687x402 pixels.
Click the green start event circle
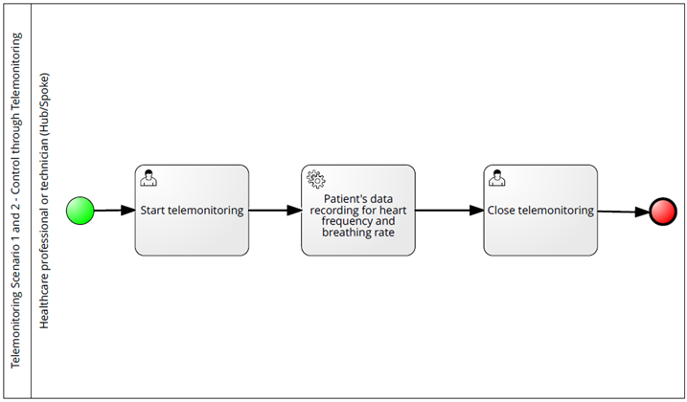tap(80, 211)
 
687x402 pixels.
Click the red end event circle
tap(663, 212)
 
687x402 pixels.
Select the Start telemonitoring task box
tap(192, 211)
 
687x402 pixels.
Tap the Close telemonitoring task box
tap(540, 211)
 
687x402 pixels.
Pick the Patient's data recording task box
tap(358, 211)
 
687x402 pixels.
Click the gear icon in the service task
tap(316, 180)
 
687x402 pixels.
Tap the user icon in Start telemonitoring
tap(149, 178)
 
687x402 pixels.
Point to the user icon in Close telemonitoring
tap(497, 178)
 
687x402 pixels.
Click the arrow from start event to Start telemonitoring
tap(115, 211)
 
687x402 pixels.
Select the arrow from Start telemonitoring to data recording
tap(275, 211)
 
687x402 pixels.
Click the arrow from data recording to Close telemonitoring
tap(449, 211)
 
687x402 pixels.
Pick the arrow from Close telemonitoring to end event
tap(623, 212)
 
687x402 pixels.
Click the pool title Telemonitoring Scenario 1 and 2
tap(15, 201)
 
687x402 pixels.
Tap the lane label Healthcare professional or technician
tap(44, 201)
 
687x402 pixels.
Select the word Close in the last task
tap(501, 211)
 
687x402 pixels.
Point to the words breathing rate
tap(358, 233)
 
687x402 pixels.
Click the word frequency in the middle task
tap(342, 222)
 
